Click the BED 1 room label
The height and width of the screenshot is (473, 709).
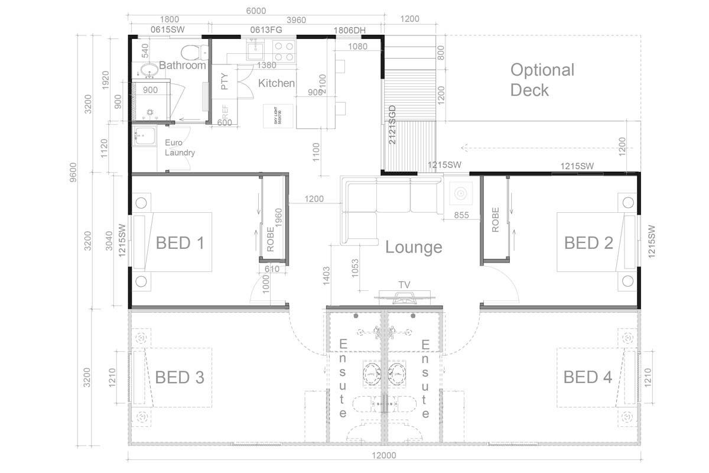(x=180, y=243)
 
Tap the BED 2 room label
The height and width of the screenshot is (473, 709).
(x=588, y=243)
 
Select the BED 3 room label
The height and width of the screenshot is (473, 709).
(x=180, y=377)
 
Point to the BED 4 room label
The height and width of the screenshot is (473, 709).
(x=587, y=377)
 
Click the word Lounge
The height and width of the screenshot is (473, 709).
(x=414, y=247)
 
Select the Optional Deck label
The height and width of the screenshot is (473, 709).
(x=542, y=80)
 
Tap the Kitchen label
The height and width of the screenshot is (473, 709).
(x=277, y=83)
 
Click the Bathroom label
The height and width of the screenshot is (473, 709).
(x=183, y=65)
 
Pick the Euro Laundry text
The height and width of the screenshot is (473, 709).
(x=180, y=148)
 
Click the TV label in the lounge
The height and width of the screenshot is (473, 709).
(x=404, y=285)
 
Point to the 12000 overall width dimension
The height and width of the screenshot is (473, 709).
(x=384, y=455)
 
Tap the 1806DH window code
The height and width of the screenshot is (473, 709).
(x=350, y=30)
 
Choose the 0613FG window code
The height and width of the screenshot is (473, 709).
(x=266, y=30)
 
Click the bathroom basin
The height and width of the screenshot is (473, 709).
(x=149, y=70)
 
